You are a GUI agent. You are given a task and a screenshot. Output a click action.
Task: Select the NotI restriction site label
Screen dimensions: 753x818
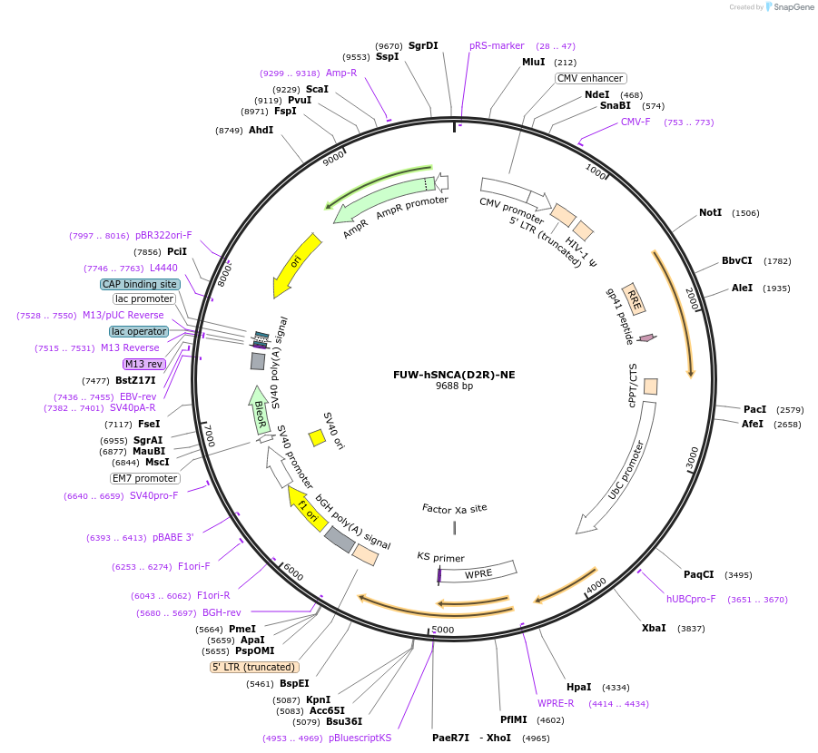(x=710, y=212)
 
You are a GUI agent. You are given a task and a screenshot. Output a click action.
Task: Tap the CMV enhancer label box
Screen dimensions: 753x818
(x=590, y=79)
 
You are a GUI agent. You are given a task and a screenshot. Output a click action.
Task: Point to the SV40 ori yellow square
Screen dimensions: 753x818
(x=317, y=437)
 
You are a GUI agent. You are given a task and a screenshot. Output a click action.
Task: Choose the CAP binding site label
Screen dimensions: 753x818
(x=140, y=284)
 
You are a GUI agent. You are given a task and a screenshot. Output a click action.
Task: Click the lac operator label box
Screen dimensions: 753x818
(x=139, y=331)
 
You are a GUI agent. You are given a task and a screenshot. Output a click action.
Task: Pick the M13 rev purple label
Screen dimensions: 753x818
(x=144, y=364)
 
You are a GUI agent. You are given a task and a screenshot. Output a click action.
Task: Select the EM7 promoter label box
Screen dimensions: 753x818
(x=145, y=478)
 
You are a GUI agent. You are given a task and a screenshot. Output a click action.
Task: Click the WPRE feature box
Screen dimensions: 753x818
(x=478, y=572)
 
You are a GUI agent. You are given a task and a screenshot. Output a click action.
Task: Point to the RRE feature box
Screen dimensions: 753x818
(x=635, y=298)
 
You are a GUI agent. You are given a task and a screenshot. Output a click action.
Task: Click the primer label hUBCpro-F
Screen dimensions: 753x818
(x=691, y=599)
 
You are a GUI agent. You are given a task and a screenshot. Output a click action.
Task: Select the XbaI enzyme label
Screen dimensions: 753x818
(x=654, y=628)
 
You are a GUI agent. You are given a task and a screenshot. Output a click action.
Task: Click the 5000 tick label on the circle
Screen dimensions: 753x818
(x=442, y=629)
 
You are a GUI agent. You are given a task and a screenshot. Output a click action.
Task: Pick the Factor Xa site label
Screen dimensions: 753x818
(x=454, y=508)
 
